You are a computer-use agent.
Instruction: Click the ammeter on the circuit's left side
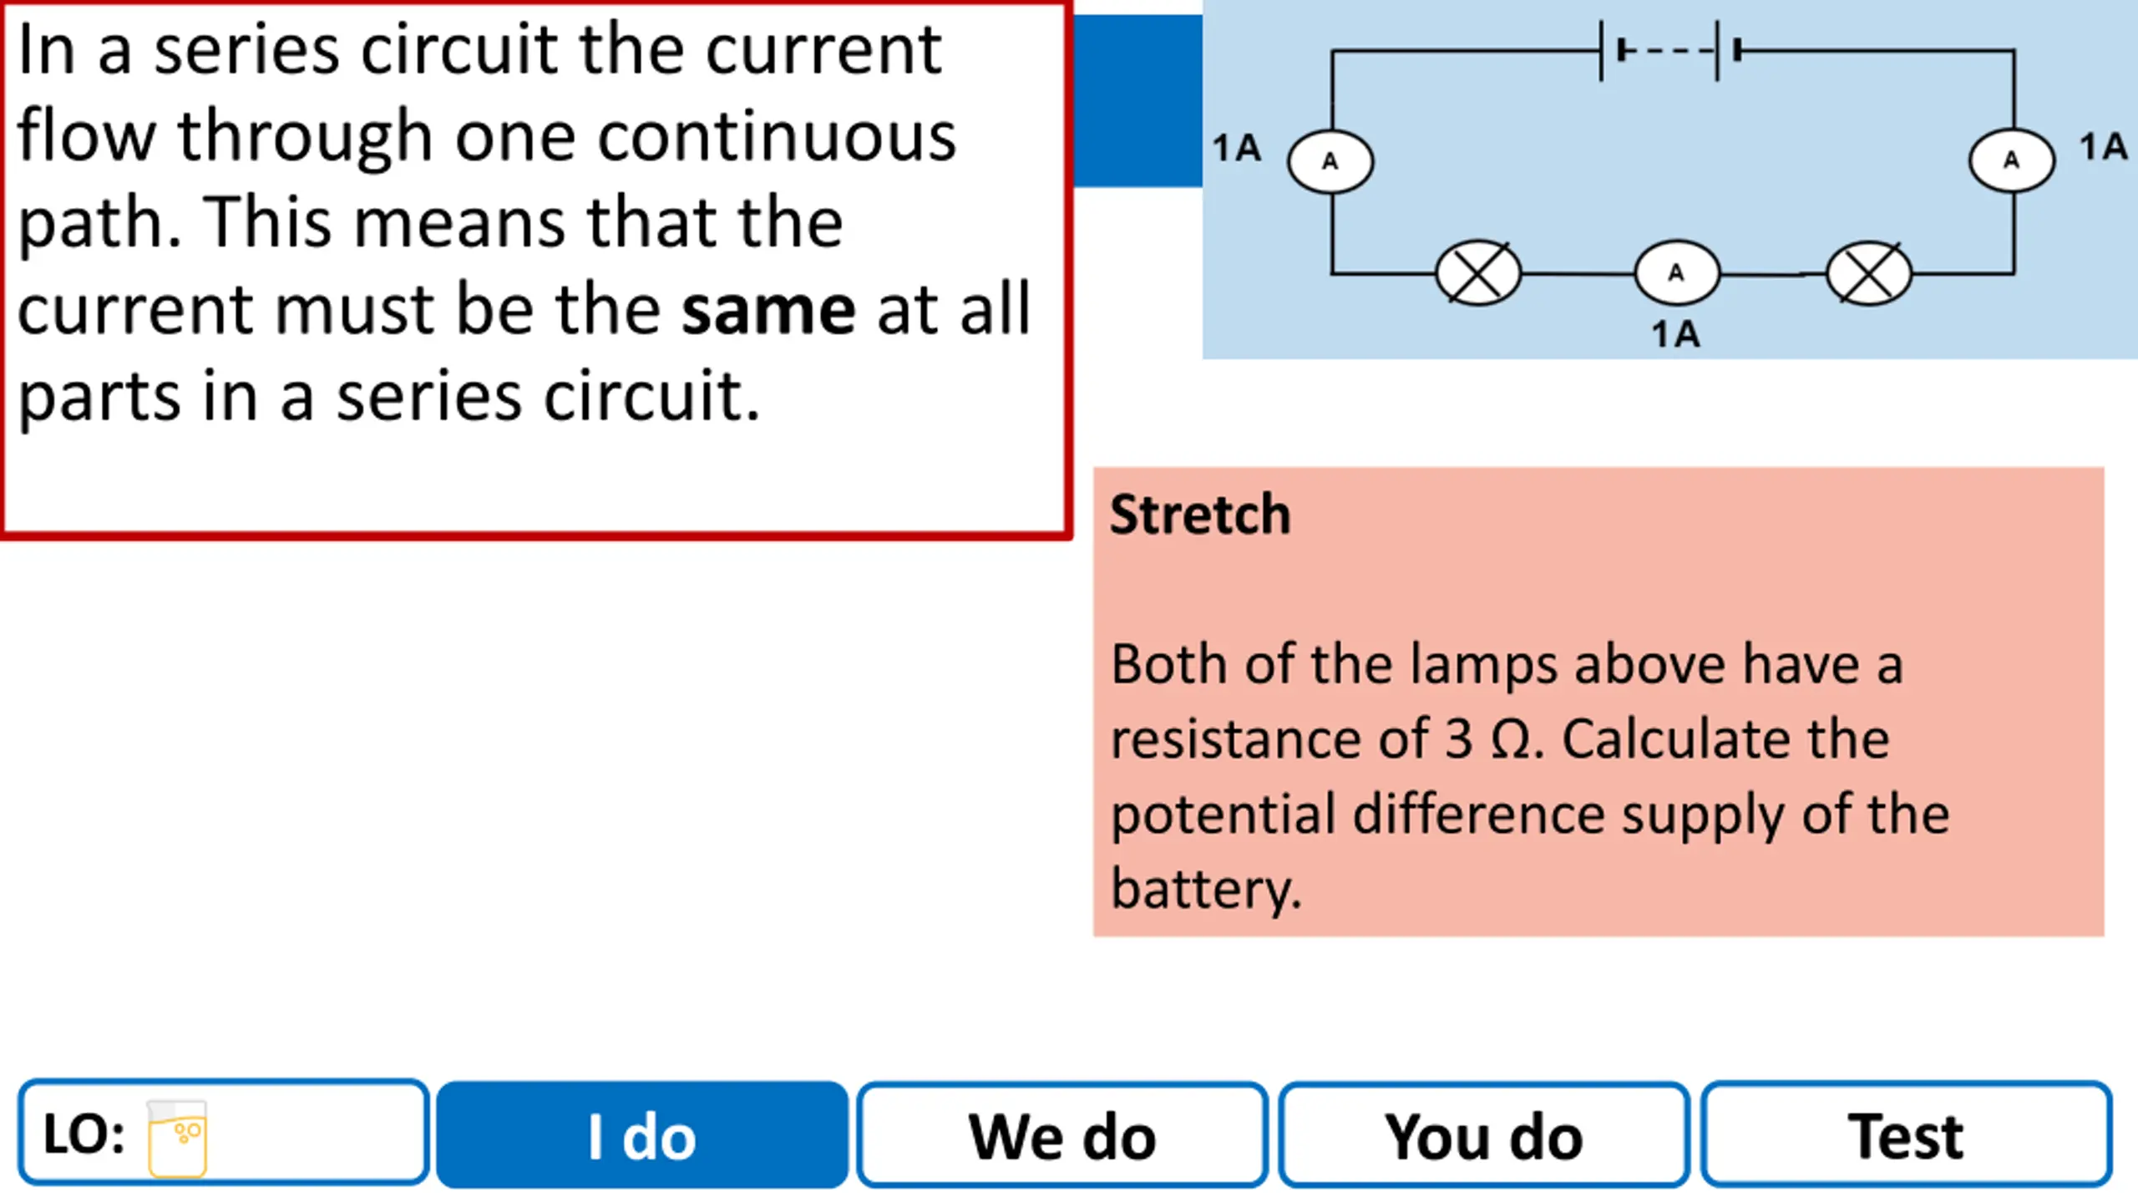coord(1330,161)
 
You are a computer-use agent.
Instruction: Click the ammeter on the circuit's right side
coord(2012,160)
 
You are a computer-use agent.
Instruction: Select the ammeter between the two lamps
coord(1676,273)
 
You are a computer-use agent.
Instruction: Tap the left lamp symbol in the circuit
coord(1478,273)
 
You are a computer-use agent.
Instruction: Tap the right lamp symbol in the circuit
coord(1869,273)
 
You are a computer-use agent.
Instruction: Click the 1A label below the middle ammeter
coord(1675,334)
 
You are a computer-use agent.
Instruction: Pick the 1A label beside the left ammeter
coord(1236,148)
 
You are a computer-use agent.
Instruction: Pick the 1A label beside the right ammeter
coord(2103,146)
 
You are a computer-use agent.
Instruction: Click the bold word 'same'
coord(768,311)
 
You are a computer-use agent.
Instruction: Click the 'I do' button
coord(642,1134)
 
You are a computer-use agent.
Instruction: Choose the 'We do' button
coord(1062,1134)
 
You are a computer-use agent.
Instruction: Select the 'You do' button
coord(1484,1134)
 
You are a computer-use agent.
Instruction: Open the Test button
coord(1907,1134)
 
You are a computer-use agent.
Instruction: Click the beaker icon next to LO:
coord(177,1138)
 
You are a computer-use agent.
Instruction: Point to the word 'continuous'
coord(777,136)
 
